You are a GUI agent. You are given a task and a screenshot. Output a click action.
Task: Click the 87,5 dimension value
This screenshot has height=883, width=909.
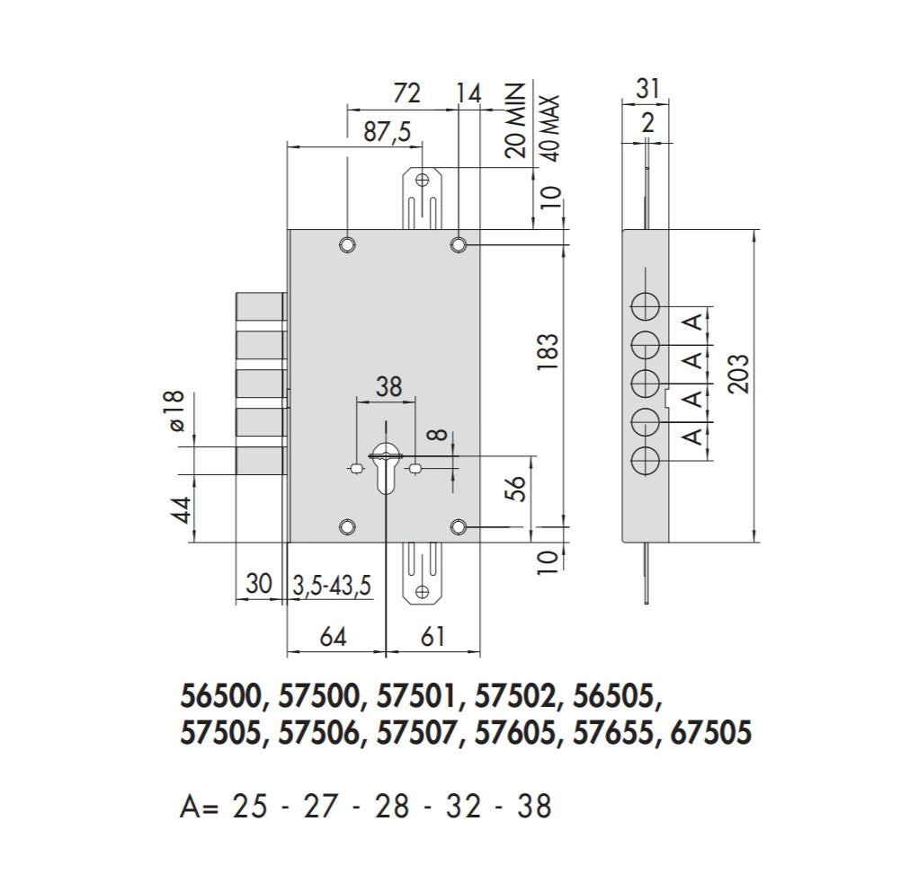coord(387,131)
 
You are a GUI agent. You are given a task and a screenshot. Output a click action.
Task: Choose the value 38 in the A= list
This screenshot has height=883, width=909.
coord(534,806)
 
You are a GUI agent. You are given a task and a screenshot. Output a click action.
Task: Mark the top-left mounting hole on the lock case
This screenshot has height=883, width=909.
coord(347,245)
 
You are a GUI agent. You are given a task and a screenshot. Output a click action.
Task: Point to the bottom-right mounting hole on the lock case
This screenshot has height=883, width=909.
coord(459,526)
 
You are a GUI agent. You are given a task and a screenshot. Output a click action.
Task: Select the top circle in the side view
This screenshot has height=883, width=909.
coord(645,306)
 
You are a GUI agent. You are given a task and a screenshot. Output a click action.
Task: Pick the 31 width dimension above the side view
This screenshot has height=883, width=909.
coord(647,88)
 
